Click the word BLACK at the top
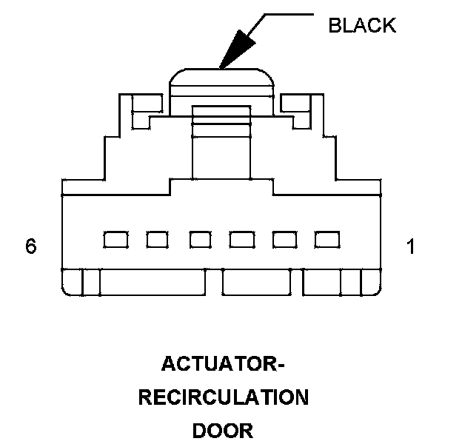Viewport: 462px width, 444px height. (362, 25)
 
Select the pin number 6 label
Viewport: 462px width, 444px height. (30, 246)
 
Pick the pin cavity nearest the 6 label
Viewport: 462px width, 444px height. (115, 239)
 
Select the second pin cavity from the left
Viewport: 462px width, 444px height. (157, 239)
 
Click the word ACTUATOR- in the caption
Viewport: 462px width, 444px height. (223, 365)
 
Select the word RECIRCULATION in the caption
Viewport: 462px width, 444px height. (223, 397)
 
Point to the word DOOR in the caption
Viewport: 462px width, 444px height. (223, 430)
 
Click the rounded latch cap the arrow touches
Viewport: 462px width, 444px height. (221, 80)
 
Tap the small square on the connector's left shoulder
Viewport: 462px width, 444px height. (147, 103)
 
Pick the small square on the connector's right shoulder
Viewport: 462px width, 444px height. (295, 103)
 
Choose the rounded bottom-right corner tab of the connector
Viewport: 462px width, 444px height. (373, 283)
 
